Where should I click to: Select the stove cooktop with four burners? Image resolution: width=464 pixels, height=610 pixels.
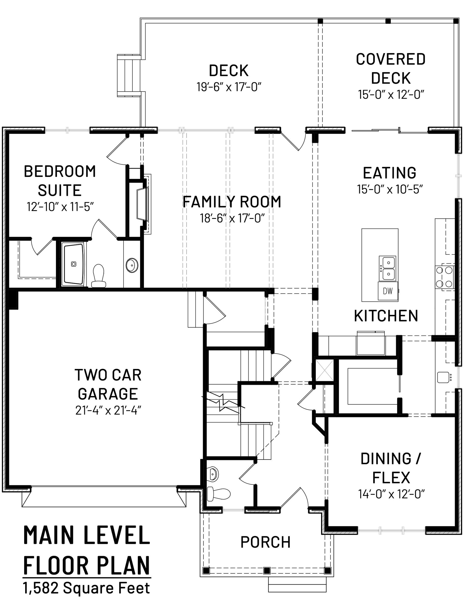444,277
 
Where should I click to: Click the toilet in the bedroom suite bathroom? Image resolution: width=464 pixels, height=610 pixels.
99,276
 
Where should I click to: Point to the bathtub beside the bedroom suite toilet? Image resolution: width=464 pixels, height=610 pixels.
73,264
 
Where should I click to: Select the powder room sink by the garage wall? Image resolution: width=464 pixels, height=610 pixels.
213,473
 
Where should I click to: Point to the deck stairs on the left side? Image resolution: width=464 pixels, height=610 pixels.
129,75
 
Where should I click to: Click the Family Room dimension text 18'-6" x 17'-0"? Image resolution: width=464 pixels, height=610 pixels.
232,218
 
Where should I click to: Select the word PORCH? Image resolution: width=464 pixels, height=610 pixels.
266,542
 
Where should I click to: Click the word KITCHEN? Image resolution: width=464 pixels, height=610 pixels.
386,316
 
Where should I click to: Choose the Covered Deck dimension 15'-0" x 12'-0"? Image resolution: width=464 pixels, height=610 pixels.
391,94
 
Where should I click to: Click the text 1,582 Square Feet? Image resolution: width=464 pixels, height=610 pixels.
87,588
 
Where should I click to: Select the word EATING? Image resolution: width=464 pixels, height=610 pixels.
390,173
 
